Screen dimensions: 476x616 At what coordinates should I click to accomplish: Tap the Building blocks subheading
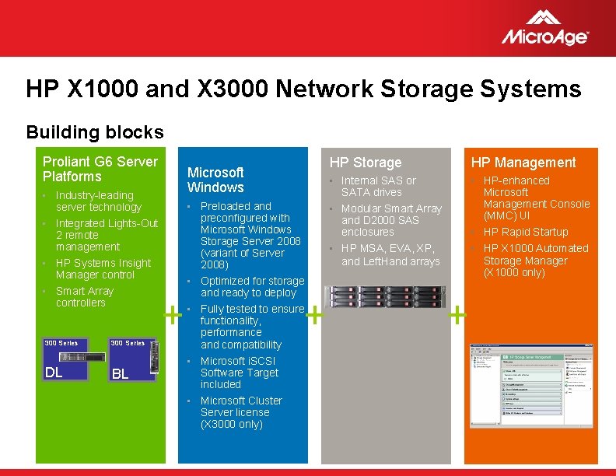pos(95,132)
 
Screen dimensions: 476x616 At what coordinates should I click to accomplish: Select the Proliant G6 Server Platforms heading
pos(100,169)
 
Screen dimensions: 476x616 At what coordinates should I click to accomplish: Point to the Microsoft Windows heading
pos(215,180)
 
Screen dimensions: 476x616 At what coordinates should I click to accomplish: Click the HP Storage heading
pos(365,163)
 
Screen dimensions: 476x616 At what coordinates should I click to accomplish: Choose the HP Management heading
pos(523,163)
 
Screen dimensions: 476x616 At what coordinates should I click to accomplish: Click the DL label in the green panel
pos(54,373)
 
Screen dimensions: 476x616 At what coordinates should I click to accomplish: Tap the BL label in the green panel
pos(120,374)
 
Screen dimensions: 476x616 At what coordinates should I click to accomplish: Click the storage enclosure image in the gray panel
pos(385,296)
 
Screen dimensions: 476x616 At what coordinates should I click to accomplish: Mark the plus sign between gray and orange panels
pos(457,315)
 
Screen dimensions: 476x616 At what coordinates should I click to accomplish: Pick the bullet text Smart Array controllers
pos(84,297)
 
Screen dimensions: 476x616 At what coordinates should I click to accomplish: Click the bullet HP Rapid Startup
pos(526,232)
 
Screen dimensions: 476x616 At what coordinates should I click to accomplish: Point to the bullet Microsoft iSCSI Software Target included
pos(238,373)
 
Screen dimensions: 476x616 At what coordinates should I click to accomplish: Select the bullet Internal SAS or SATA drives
pos(378,187)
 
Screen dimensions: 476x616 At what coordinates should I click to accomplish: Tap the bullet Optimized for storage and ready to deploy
pos(252,287)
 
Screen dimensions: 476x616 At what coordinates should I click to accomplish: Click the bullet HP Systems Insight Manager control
pos(96,269)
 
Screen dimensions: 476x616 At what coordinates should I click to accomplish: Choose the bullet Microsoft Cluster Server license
pos(241,412)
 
